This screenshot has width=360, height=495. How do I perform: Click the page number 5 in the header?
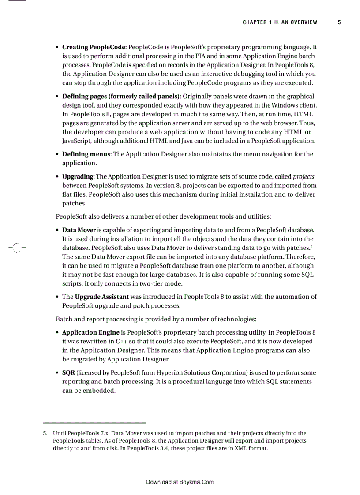click(x=339, y=22)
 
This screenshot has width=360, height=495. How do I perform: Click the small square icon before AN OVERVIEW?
click(x=277, y=22)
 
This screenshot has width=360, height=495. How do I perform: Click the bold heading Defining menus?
click(x=86, y=154)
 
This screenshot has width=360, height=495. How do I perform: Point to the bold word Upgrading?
click(x=78, y=177)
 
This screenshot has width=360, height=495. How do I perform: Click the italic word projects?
click(x=304, y=177)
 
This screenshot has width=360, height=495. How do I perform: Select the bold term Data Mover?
click(x=79, y=230)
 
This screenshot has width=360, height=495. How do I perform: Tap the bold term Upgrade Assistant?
click(x=102, y=297)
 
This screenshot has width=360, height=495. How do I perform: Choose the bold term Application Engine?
click(x=91, y=332)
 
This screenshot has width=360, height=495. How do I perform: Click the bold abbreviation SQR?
click(x=68, y=372)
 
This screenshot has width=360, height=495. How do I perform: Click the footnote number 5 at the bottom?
click(x=45, y=433)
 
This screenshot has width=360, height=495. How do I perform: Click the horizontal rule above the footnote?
click(x=94, y=423)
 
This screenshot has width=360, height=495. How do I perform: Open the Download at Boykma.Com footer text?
click(x=180, y=482)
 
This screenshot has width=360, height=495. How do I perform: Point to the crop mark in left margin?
click(x=17, y=248)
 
